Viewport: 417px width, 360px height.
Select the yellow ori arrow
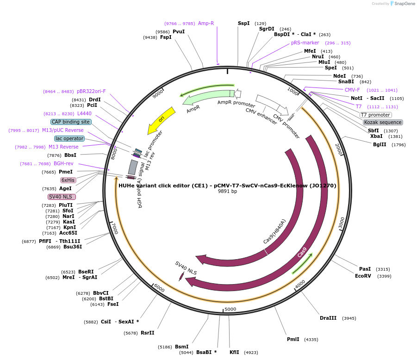(x=162, y=120)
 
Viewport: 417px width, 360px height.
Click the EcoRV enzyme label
(x=363, y=276)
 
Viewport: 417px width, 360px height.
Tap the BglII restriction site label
(x=380, y=145)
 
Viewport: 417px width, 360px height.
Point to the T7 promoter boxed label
(x=375, y=115)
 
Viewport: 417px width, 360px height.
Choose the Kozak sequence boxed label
(x=383, y=122)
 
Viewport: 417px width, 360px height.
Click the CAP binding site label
(x=71, y=122)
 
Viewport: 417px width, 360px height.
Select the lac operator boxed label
(x=69, y=138)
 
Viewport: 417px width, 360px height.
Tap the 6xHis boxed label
(x=68, y=180)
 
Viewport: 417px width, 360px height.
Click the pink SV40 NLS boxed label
(x=62, y=197)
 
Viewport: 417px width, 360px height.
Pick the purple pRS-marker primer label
(x=305, y=43)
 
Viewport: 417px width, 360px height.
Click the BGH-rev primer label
(x=63, y=163)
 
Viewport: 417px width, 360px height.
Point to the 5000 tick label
(x=230, y=309)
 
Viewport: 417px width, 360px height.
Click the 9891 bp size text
(x=227, y=191)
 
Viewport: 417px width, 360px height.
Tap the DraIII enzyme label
(x=329, y=318)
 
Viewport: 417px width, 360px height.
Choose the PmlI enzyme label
(x=293, y=339)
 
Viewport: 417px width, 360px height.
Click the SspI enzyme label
(x=243, y=23)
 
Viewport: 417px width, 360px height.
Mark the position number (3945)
(x=349, y=318)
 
